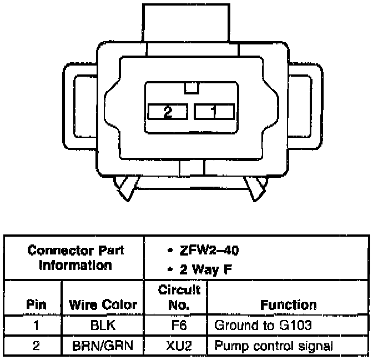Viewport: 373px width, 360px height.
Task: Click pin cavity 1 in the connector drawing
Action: [x=214, y=111]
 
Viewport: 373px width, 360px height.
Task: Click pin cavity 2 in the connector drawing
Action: [x=168, y=111]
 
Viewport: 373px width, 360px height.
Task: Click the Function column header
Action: [x=289, y=304]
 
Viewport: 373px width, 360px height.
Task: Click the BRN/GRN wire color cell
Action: [x=103, y=346]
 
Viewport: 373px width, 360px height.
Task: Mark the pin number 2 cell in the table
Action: [x=36, y=346]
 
